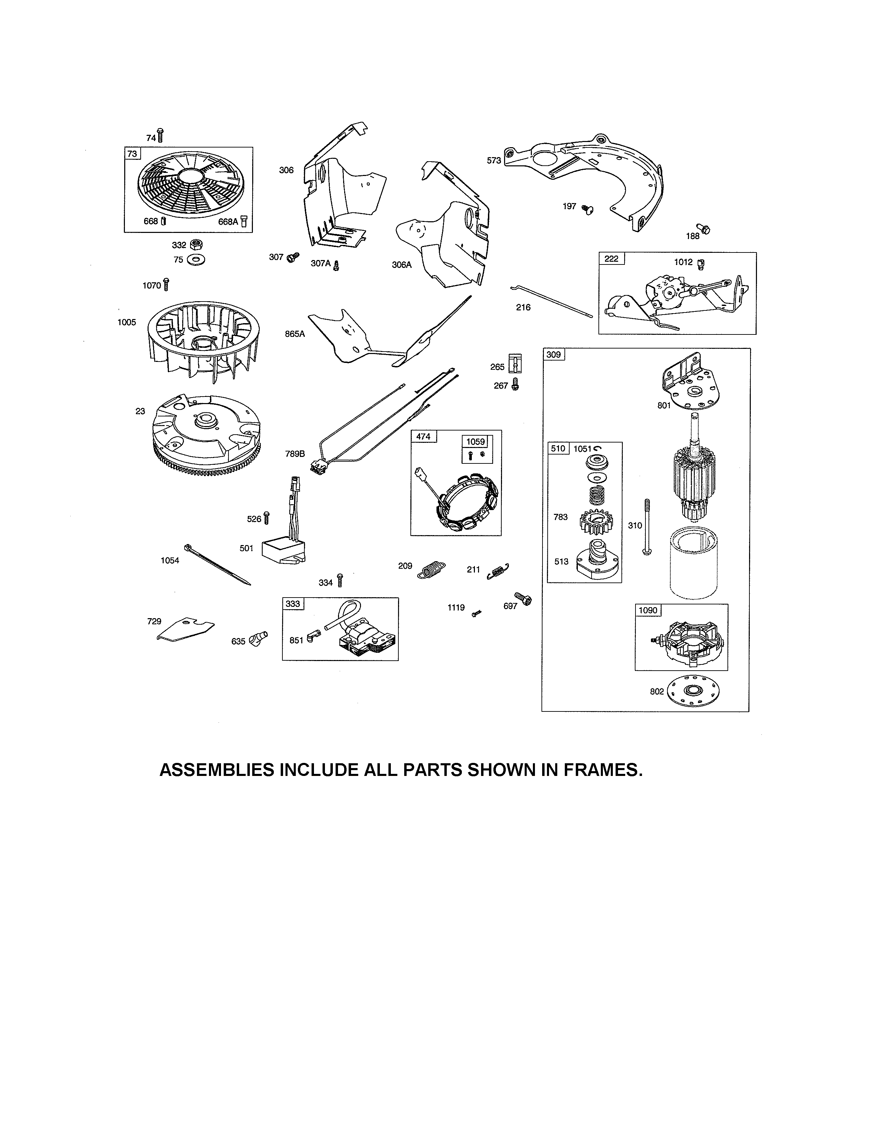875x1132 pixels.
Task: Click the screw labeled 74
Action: (x=160, y=136)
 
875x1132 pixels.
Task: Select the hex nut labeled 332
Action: (x=197, y=244)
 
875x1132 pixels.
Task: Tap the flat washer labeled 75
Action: (x=197, y=260)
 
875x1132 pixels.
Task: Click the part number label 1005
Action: (x=127, y=322)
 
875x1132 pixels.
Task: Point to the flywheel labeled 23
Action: (x=206, y=435)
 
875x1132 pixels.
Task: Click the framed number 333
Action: (x=293, y=604)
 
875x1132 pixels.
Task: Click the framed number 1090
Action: (x=647, y=610)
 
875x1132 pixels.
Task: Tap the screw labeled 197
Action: (x=587, y=209)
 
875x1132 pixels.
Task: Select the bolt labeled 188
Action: (x=703, y=228)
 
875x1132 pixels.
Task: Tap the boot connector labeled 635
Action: (x=258, y=639)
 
